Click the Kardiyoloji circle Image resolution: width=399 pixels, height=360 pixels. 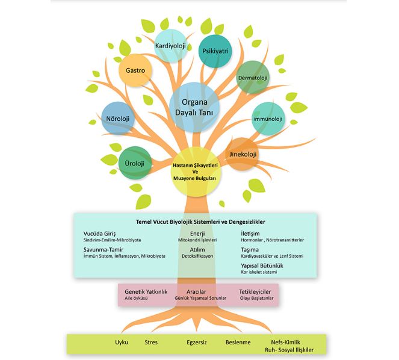click(x=172, y=46)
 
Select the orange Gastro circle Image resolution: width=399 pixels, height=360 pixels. click(x=135, y=71)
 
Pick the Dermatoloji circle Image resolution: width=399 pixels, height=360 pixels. click(x=252, y=78)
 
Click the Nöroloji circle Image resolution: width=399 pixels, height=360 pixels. click(x=118, y=119)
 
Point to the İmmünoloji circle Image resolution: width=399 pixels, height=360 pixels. click(x=268, y=119)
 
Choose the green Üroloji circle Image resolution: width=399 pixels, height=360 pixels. click(x=135, y=163)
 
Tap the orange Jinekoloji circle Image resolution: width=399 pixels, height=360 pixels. click(x=243, y=155)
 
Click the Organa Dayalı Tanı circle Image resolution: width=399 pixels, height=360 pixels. click(x=194, y=107)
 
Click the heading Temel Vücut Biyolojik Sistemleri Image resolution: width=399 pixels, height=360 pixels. click(x=196, y=221)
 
